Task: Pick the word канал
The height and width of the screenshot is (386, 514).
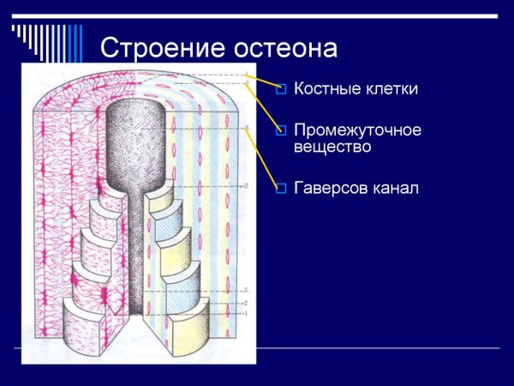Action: pos(397,188)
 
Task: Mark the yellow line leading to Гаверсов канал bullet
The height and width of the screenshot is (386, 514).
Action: pos(262,160)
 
